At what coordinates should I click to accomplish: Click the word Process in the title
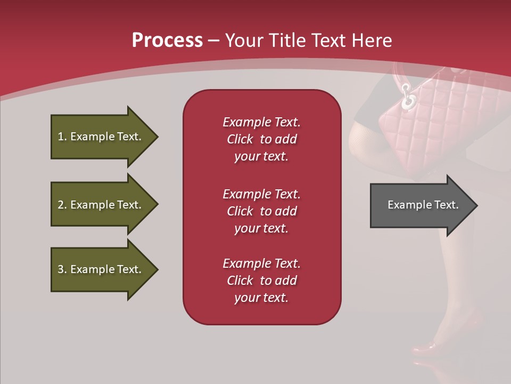(167, 41)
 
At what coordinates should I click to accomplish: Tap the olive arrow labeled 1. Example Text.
(101, 137)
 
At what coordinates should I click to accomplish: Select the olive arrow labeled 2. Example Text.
(101, 205)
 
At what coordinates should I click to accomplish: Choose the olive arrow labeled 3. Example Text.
(101, 269)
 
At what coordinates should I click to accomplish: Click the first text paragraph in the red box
(261, 139)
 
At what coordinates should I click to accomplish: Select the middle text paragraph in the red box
(261, 211)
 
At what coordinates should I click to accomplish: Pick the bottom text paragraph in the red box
(261, 281)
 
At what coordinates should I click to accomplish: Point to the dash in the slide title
(213, 41)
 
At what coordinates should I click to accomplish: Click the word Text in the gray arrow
(447, 205)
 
